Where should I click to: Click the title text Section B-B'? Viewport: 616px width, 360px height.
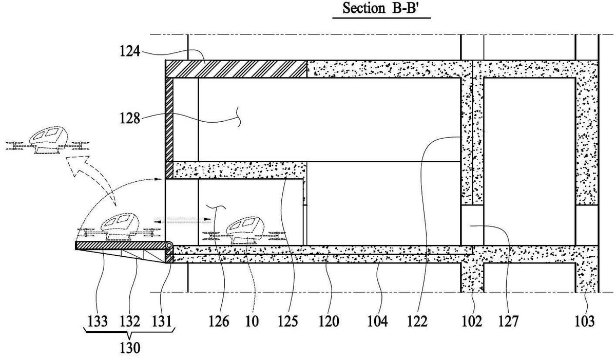(382, 8)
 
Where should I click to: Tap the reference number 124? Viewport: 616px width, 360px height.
(130, 51)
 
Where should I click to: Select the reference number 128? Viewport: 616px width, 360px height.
(130, 119)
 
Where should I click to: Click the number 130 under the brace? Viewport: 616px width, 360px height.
(130, 348)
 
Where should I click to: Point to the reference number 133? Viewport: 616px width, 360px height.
(98, 321)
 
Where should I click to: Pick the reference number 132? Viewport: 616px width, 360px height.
(130, 321)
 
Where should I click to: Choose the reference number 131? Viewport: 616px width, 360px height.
(162, 321)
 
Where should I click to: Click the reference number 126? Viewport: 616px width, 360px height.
(219, 321)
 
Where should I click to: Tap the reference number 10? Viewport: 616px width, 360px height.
(252, 321)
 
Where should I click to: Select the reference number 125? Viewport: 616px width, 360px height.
(287, 321)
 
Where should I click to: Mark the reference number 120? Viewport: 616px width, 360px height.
(329, 321)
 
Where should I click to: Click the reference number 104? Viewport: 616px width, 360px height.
(378, 321)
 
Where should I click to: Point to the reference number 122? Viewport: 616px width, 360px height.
(417, 321)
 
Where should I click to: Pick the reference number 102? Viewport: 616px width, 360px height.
(472, 321)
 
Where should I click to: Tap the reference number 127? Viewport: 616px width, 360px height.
(509, 321)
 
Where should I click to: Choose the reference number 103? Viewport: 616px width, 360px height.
(585, 321)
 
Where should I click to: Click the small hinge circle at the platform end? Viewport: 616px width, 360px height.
(168, 245)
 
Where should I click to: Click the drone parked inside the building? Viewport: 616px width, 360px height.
(244, 231)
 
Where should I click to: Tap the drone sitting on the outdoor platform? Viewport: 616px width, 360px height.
(119, 228)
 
